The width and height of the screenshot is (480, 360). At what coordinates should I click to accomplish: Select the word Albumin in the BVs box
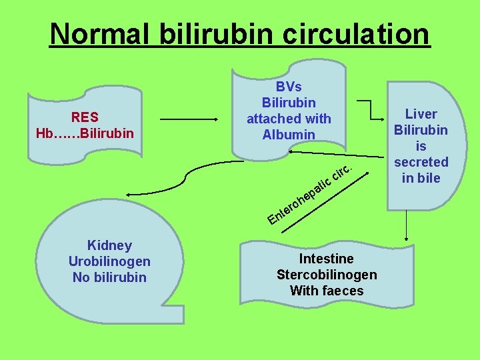point(289,135)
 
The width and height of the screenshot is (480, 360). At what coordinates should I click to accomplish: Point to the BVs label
point(289,87)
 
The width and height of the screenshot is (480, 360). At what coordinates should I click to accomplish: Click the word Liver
point(421,114)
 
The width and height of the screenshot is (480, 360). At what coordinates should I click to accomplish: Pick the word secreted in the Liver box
point(421,162)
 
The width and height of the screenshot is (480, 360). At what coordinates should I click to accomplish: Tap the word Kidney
point(109,245)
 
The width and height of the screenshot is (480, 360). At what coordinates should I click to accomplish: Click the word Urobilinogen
point(109,261)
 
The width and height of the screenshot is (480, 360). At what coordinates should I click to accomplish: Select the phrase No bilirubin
point(109,277)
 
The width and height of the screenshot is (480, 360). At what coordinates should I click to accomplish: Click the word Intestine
point(327,259)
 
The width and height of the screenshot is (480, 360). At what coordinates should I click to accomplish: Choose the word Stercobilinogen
point(327,275)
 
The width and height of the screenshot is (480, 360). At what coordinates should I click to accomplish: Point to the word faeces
point(342,291)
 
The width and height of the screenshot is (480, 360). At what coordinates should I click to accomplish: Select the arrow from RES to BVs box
point(190,120)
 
